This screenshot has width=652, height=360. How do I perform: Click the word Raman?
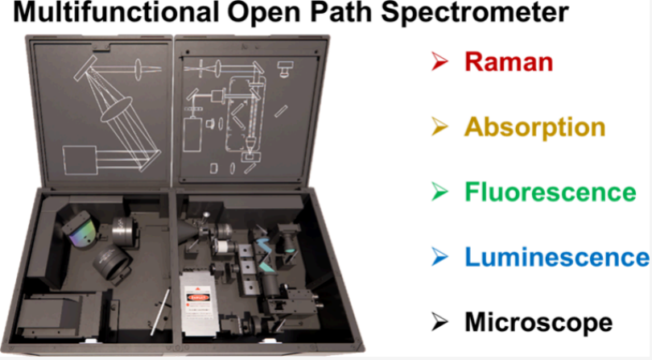click(x=509, y=62)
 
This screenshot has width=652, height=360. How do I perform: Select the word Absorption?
click(x=534, y=127)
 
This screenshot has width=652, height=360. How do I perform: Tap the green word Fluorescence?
click(x=550, y=192)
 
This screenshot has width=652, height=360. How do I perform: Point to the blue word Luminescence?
click(x=557, y=257)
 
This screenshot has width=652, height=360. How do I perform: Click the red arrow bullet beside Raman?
click(x=440, y=61)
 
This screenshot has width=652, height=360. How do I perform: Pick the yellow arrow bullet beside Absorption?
click(x=440, y=126)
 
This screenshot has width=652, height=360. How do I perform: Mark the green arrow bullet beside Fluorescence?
click(x=440, y=192)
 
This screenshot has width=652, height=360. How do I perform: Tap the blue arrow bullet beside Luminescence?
click(x=440, y=257)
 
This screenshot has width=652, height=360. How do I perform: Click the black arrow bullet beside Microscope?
click(x=440, y=322)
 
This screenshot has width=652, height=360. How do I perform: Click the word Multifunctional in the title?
click(x=116, y=12)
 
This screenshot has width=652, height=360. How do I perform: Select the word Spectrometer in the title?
click(x=475, y=14)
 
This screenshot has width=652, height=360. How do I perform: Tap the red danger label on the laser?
click(x=198, y=297)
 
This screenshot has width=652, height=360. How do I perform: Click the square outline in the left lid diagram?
click(x=80, y=160)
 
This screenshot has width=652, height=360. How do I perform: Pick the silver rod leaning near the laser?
click(x=160, y=312)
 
